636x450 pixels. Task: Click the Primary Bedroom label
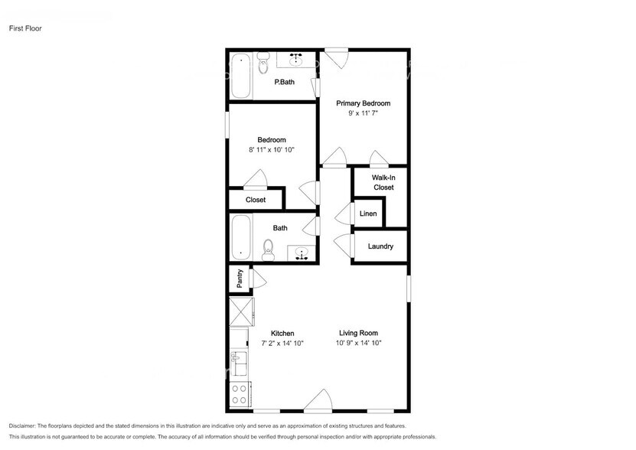(x=363, y=103)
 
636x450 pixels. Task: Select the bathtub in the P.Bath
(x=241, y=75)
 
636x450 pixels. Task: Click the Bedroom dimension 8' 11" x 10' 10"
(x=272, y=150)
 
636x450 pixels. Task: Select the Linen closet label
(x=368, y=214)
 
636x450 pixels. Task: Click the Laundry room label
(x=380, y=246)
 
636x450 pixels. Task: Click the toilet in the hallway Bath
(x=268, y=246)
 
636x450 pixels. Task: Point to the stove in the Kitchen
(x=240, y=394)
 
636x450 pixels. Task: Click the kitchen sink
(x=240, y=360)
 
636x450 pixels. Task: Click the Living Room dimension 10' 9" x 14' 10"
(x=358, y=344)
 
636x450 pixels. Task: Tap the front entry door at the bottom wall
(x=317, y=402)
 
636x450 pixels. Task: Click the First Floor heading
(x=25, y=28)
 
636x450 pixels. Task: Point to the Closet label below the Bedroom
(x=256, y=200)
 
